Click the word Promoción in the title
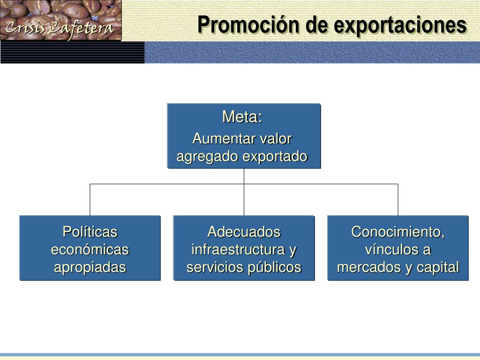coord(248,25)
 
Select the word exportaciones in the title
coord(400,25)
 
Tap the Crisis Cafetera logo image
coord(61,21)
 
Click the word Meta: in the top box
coord(242,117)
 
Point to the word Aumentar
coord(219,139)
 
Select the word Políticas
coord(90,232)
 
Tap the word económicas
coord(90,249)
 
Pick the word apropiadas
coord(90,267)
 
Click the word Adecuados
coord(244,232)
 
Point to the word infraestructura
coord(238,249)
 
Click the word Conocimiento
coord(397,232)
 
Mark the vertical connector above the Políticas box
coord(90,200)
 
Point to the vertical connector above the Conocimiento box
coord(398,200)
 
